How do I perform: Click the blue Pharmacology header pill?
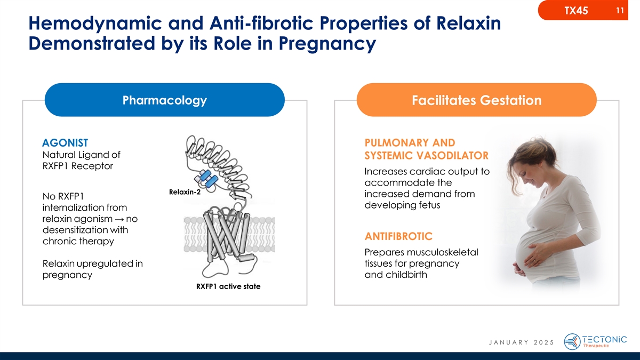164,100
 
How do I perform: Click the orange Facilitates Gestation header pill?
476,100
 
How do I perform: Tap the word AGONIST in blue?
65,143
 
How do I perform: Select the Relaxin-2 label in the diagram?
185,193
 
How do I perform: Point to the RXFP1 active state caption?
228,286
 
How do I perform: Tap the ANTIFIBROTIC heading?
398,236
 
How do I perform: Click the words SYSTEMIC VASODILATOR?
426,156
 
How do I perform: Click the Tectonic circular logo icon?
572,341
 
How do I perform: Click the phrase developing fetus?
402,205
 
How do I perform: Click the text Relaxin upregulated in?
92,264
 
